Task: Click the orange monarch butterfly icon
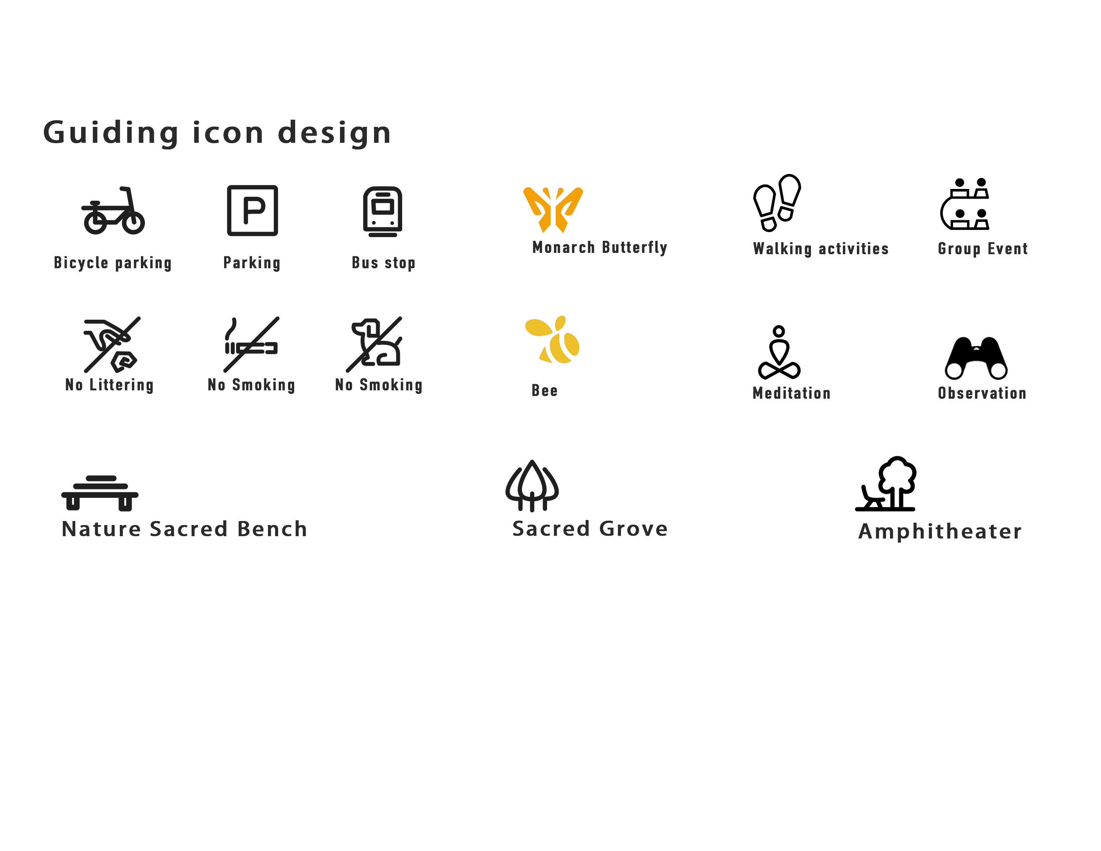point(553,209)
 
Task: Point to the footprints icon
point(777,203)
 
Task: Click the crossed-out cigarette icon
point(251,343)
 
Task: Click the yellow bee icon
point(552,338)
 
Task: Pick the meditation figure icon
point(779,353)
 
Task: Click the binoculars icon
point(976,359)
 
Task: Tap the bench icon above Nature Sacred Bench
point(100,492)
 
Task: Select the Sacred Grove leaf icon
point(532,485)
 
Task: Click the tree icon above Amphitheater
point(896,479)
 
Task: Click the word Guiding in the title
point(111,133)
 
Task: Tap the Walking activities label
point(820,248)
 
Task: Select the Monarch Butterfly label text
point(599,247)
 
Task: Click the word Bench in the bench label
point(272,529)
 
